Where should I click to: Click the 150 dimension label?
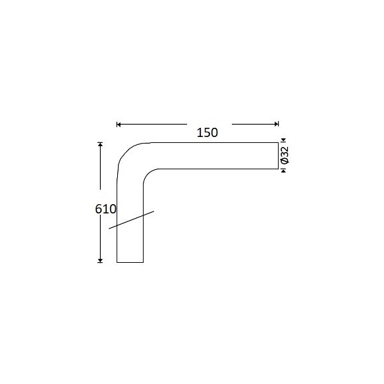(x=207, y=133)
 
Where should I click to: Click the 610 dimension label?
(x=105, y=209)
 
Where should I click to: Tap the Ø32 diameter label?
(x=285, y=155)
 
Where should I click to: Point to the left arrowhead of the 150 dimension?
(x=119, y=124)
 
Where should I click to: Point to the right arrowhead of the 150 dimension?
(x=277, y=124)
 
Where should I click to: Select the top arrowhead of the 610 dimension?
(x=100, y=144)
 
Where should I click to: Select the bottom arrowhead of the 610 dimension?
(x=100, y=260)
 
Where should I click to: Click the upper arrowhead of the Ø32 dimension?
(x=284, y=140)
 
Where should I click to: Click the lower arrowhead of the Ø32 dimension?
(x=284, y=171)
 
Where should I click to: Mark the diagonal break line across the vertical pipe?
(x=132, y=220)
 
